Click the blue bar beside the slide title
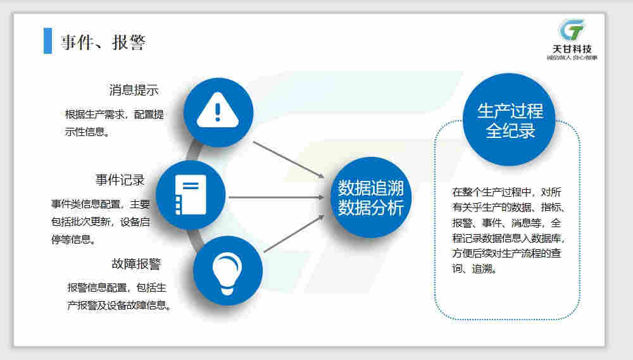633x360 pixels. coord(47,41)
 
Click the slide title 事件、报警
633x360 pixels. coord(103,42)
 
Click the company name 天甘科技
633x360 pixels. coord(572,49)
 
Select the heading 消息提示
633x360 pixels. coord(134,90)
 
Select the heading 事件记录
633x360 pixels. coord(120,180)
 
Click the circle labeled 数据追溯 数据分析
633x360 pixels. coord(371,197)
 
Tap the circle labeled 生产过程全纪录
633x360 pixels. coord(510,121)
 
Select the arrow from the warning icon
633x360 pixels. coord(288,159)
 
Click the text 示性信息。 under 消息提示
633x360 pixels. coord(89,132)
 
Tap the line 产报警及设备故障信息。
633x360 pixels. coord(120,305)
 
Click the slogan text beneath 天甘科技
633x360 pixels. coord(572,58)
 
